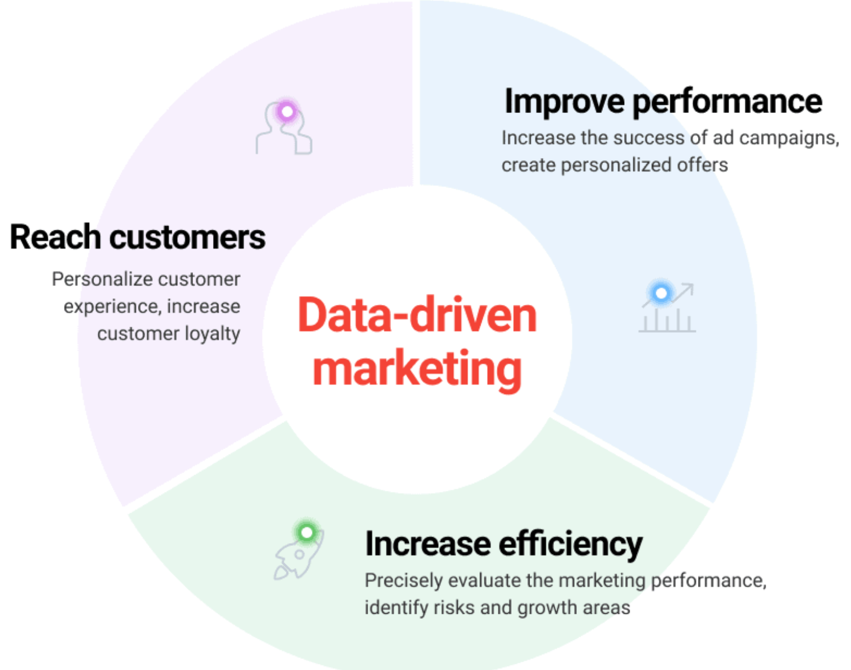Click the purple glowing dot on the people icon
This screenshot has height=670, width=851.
point(287,112)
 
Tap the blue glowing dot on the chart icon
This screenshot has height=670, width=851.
point(661,293)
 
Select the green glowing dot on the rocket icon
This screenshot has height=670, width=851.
point(307,533)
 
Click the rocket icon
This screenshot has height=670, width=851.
point(299,552)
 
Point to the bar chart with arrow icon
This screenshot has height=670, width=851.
point(667,308)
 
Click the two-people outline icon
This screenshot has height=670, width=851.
point(284,127)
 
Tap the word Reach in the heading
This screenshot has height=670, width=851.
point(56,237)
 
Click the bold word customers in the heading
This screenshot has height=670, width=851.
point(187,238)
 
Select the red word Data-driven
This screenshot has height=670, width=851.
point(417,315)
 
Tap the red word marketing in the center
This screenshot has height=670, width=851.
point(417,370)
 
